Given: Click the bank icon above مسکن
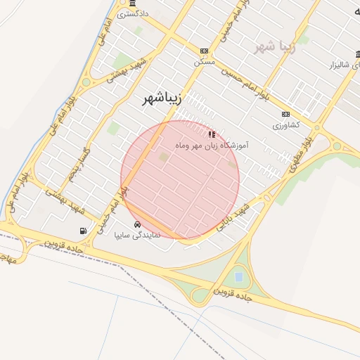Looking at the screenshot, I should (204, 51).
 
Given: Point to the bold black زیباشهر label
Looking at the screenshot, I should (162, 99).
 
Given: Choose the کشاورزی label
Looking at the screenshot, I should (286, 125).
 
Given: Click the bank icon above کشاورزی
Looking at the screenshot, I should (285, 115).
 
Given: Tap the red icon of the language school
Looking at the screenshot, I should (212, 134).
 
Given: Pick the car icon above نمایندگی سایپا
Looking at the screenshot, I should (136, 225).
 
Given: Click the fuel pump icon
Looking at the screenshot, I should (84, 231).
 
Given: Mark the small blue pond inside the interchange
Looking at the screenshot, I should (238, 276).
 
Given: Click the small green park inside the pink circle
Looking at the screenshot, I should (164, 157).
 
